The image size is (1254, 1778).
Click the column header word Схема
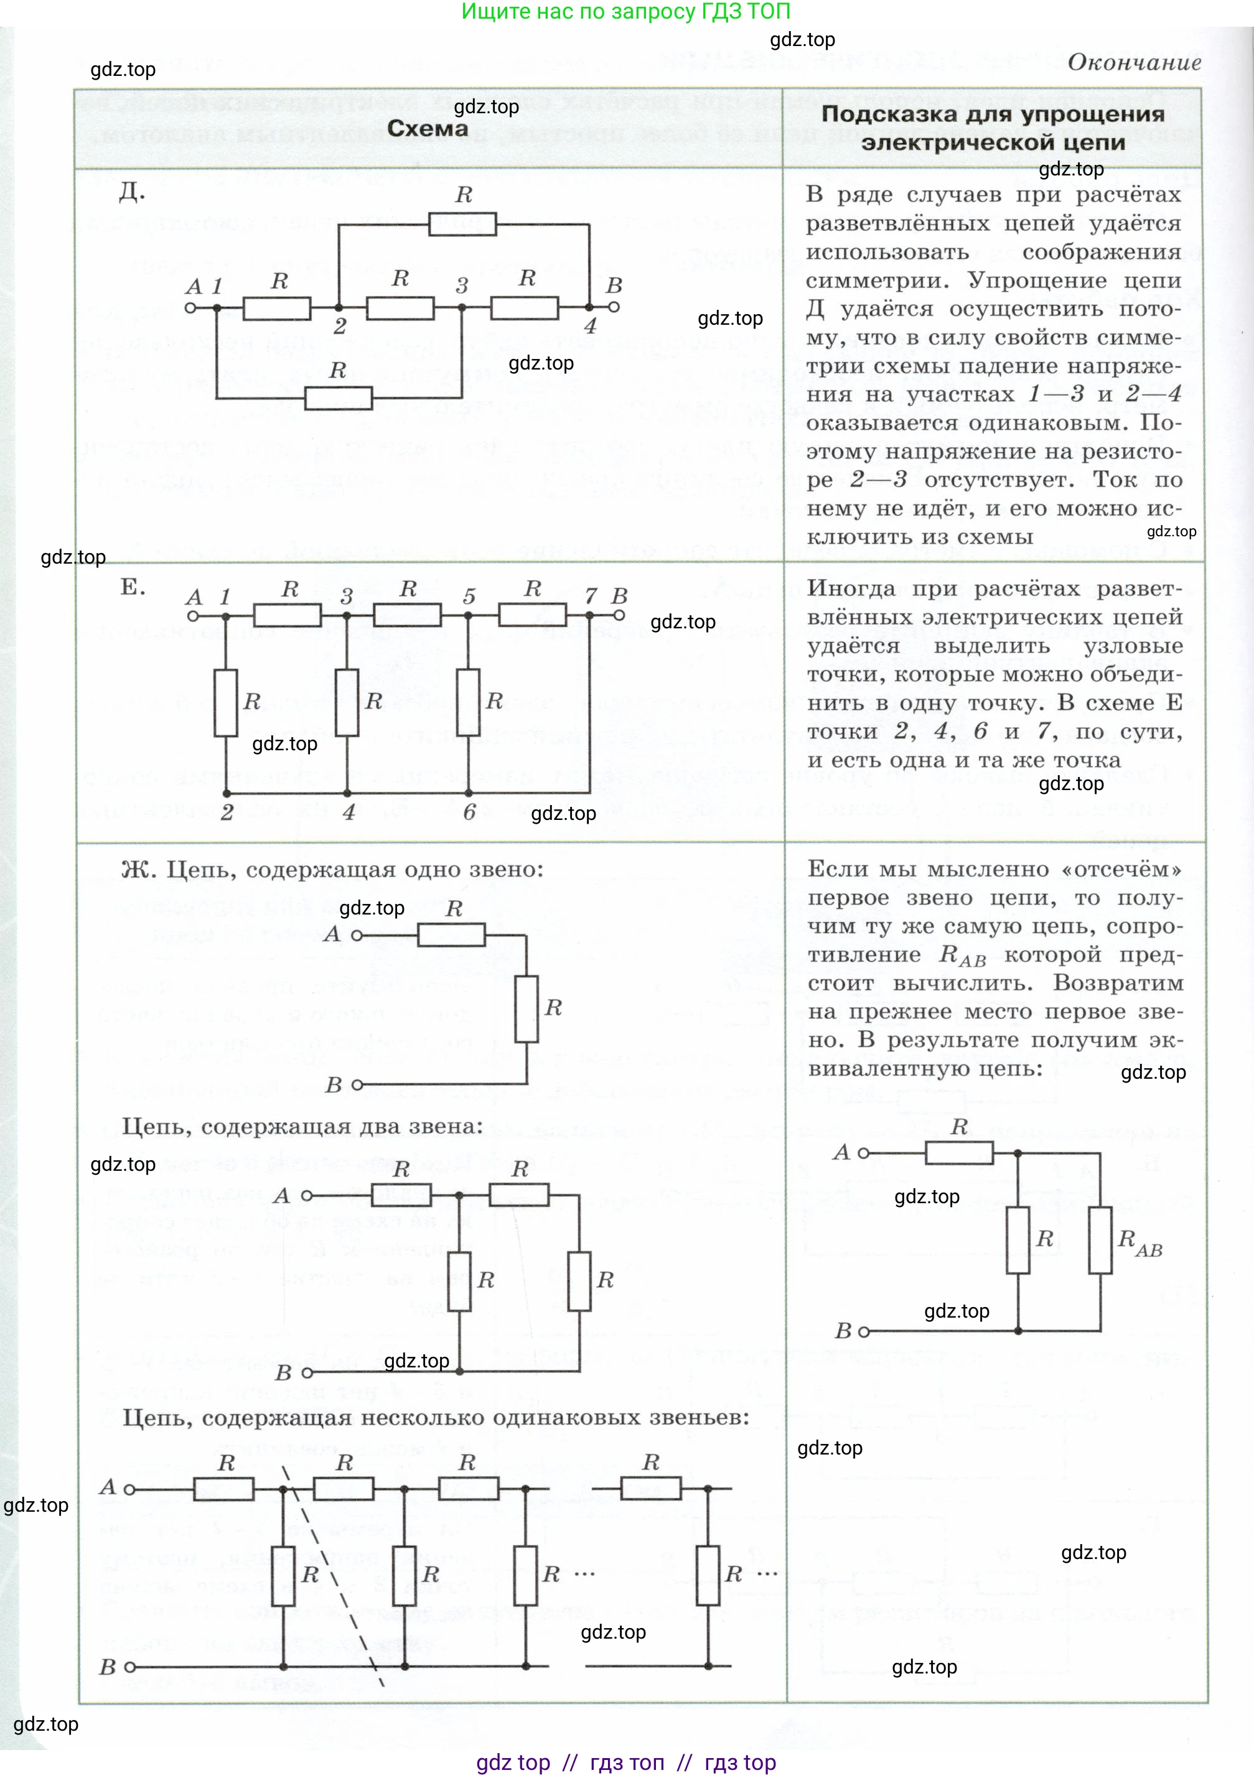428,129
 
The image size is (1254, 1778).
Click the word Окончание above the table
1134,63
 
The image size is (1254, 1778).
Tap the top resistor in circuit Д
462,225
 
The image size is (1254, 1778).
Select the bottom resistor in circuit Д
339,398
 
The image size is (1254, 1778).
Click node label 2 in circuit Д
339,327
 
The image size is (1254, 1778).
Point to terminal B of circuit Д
614,307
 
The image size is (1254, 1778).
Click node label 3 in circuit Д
462,286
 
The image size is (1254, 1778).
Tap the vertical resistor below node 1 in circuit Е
225,703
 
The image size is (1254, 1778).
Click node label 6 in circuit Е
469,812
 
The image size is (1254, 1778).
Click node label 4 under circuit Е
349,812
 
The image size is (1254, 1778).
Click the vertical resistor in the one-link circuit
526,1008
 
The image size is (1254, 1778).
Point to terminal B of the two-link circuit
307,1373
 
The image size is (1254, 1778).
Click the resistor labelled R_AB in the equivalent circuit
1100,1240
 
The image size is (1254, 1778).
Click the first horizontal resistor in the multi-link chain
223,1488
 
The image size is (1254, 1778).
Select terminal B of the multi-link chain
130,1667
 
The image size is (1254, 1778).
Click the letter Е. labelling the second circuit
133,587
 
